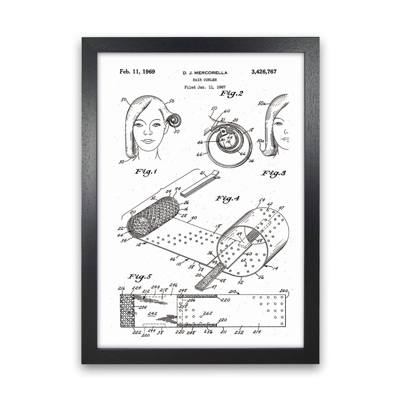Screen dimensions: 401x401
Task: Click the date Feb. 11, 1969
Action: (x=137, y=72)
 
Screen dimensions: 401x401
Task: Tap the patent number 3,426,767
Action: (x=264, y=72)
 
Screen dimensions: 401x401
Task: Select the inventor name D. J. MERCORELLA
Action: (x=205, y=73)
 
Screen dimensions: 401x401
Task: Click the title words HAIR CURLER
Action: (x=205, y=80)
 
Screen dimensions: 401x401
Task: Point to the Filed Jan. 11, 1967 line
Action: (x=205, y=87)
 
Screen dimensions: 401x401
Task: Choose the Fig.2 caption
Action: (x=231, y=94)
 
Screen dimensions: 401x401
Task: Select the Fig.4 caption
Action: (x=227, y=198)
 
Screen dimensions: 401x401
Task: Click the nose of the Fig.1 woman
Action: (x=148, y=131)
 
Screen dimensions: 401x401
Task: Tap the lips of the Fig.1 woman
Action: (x=148, y=141)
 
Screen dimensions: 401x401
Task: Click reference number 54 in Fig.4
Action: (x=262, y=200)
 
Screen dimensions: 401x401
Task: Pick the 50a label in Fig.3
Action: (x=262, y=103)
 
